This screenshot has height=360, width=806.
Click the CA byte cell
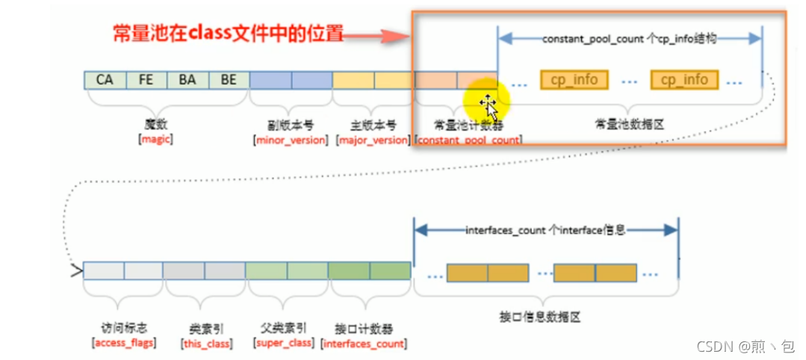[x=105, y=80]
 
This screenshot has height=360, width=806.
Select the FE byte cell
[x=146, y=80]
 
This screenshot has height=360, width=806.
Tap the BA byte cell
[x=187, y=80]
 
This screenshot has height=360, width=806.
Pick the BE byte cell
[x=229, y=80]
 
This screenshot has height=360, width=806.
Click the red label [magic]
[x=155, y=140]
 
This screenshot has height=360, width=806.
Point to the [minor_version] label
[x=291, y=140]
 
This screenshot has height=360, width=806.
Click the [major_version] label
[x=373, y=140]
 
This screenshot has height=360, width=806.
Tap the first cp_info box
[x=574, y=79]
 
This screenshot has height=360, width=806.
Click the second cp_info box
[x=684, y=79]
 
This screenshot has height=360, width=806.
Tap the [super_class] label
[x=285, y=344]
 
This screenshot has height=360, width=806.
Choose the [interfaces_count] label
[x=364, y=344]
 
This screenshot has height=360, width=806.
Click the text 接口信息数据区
[x=542, y=317]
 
